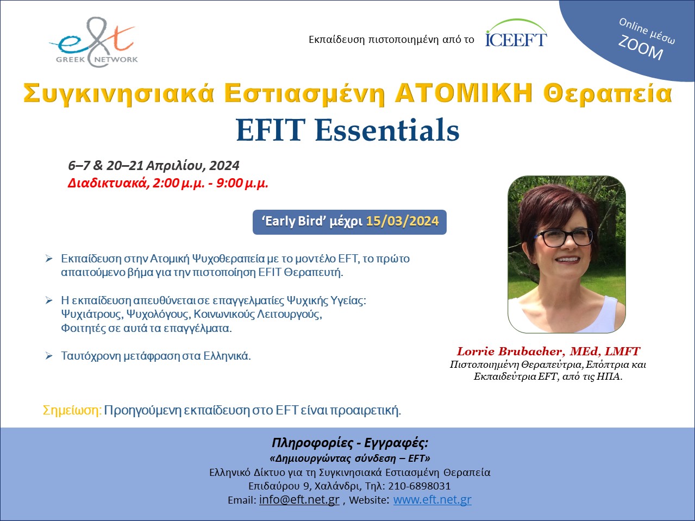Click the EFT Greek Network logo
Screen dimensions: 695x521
pos(93,42)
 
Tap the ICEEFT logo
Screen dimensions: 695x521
pos(516,34)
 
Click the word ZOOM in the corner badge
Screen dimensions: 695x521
pos(641,48)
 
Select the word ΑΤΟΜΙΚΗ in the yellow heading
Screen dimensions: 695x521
pos(464,93)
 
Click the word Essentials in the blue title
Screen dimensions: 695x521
pos(387,130)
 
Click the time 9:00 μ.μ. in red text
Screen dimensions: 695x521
pos(242,183)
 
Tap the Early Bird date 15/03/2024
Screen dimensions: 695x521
pos(403,221)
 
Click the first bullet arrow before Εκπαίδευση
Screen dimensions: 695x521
pos(49,259)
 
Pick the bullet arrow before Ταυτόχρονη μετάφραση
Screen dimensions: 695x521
pos(49,356)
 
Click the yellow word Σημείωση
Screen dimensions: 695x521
pos(72,410)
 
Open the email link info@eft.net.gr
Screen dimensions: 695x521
pos(299,499)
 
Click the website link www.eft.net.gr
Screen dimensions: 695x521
pos(432,499)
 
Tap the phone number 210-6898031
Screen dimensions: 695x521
pos(419,486)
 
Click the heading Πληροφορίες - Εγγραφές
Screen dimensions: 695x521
pos(350,443)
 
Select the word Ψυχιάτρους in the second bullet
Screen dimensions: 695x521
pos(92,315)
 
